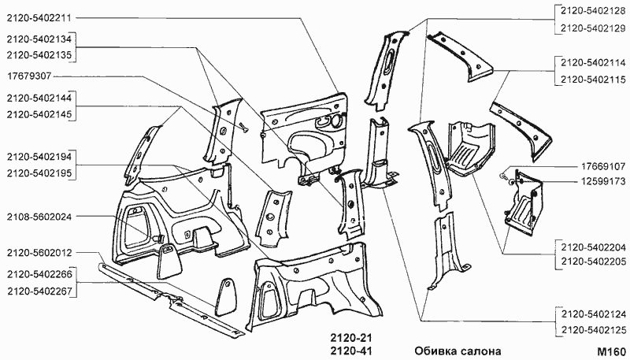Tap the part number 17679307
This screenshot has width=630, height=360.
pyautogui.click(x=29, y=77)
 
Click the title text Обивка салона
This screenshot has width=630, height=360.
pyautogui.click(x=457, y=351)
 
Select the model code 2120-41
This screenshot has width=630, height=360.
pyautogui.click(x=350, y=351)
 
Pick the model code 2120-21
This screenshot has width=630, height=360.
pyautogui.click(x=350, y=337)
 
